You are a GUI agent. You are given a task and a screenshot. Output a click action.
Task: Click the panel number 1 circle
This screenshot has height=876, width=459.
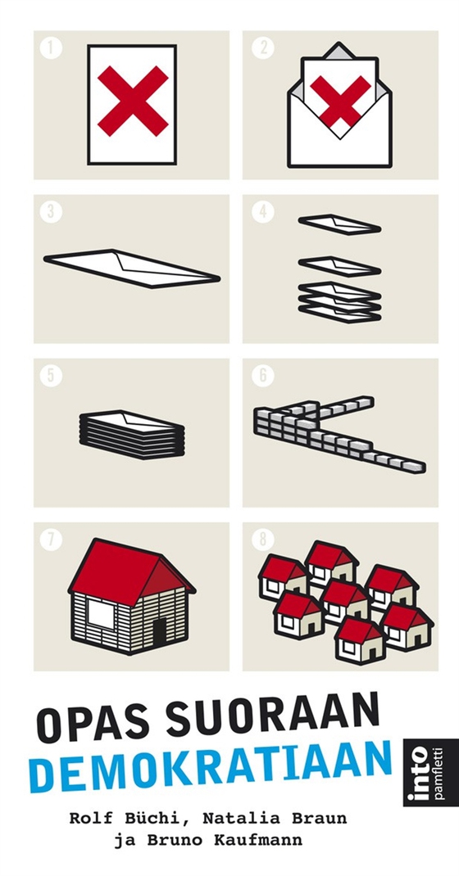(x=51, y=48)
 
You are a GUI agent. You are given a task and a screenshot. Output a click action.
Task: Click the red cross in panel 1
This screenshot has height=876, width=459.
(x=133, y=102)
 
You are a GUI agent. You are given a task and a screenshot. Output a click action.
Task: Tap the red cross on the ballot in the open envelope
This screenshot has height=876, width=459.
(x=340, y=102)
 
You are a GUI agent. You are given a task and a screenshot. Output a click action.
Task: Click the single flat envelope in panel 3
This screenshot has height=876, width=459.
(x=132, y=269)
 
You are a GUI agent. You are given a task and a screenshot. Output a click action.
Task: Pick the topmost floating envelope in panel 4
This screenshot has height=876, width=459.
(x=339, y=224)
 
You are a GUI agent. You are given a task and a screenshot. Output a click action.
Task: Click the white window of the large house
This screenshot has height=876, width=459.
(x=101, y=614)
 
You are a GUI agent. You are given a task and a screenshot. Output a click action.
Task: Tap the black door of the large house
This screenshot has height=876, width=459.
(x=160, y=632)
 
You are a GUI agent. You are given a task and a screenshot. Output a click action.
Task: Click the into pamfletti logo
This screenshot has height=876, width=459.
(x=423, y=773)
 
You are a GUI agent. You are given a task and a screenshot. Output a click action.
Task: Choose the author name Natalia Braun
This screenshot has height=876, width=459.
(x=275, y=819)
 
